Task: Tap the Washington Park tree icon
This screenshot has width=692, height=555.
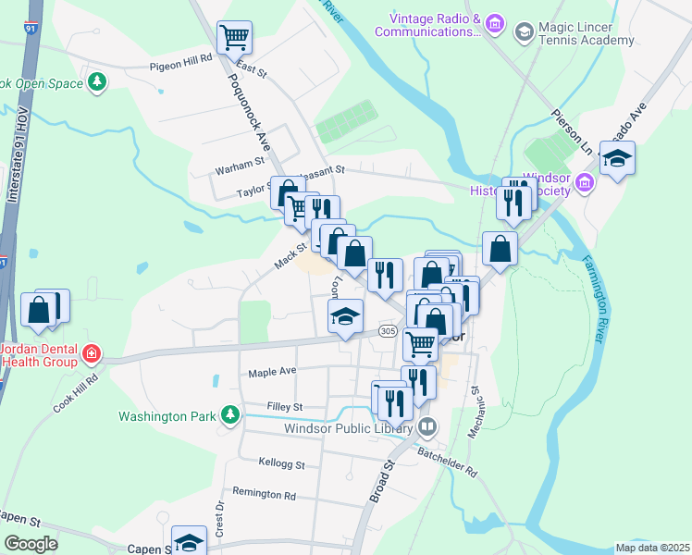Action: [x=229, y=415]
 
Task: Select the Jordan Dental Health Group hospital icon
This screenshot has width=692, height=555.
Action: [x=91, y=352]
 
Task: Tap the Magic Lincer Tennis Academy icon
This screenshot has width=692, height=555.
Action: [x=524, y=32]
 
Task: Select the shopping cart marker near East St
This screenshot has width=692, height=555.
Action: [x=234, y=38]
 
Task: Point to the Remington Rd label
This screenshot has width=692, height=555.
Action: [x=264, y=494]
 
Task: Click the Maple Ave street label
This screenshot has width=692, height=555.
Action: [x=272, y=372]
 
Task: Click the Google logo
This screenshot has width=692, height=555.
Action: [x=31, y=543]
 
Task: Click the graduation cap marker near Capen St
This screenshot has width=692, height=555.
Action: [x=189, y=542]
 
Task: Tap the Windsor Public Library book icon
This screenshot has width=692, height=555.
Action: [x=426, y=427]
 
